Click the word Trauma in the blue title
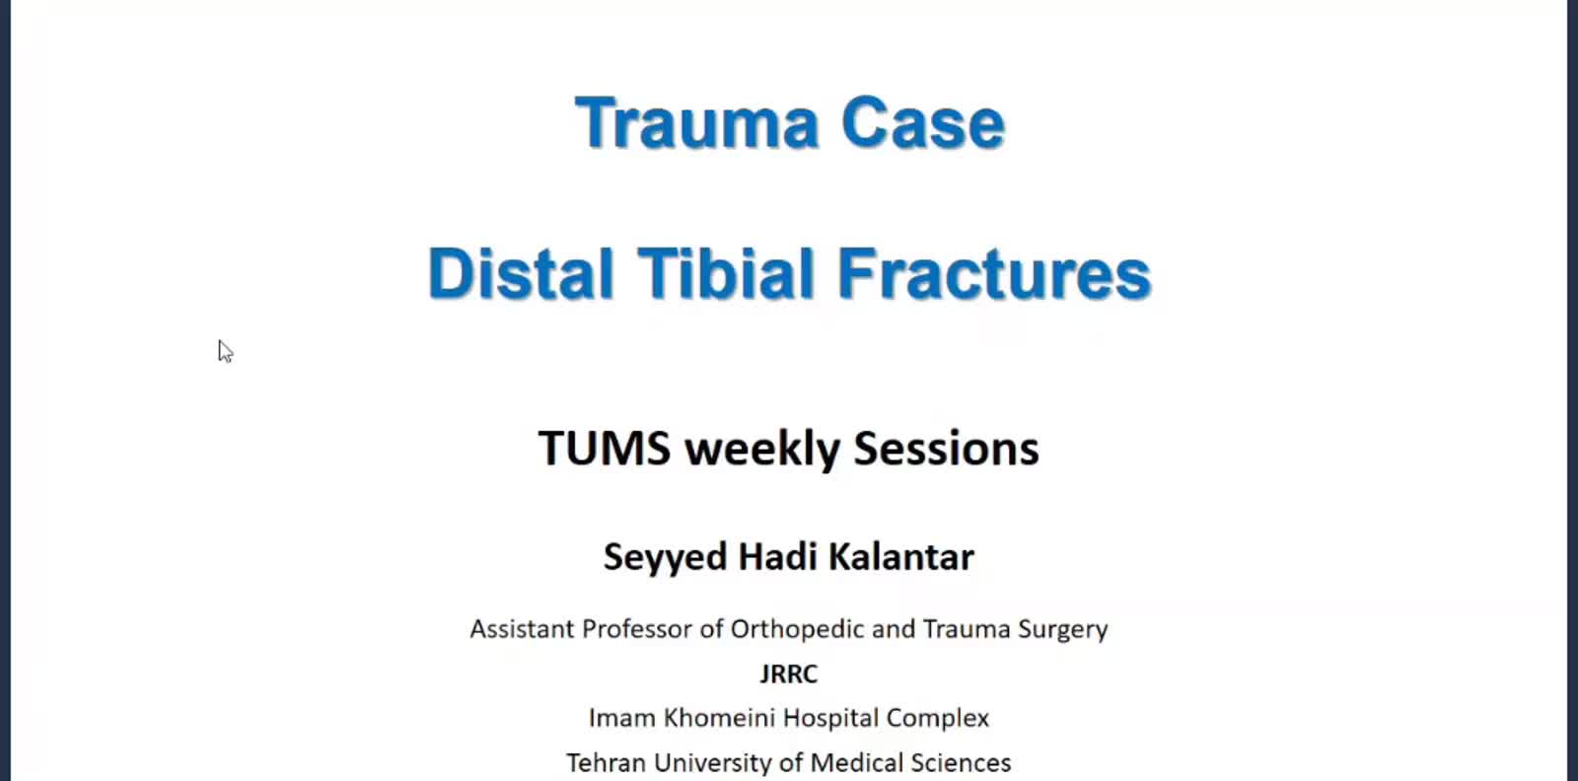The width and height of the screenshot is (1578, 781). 696,122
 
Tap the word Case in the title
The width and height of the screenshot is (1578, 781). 923,122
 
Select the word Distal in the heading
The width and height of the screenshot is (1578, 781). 521,273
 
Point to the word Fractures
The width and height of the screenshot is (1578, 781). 994,273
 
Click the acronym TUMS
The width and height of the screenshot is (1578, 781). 605,449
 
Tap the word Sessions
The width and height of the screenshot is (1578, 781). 946,449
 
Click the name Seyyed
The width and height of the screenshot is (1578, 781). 666,558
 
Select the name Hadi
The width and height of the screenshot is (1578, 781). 778,556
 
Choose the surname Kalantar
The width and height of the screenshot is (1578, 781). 901,556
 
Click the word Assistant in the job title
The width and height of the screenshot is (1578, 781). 522,629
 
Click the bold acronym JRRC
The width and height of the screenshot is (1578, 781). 789,674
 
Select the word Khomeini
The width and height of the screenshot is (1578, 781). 719,718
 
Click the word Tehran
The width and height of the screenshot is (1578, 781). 606,762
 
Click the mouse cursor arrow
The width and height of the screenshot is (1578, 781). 225,351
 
